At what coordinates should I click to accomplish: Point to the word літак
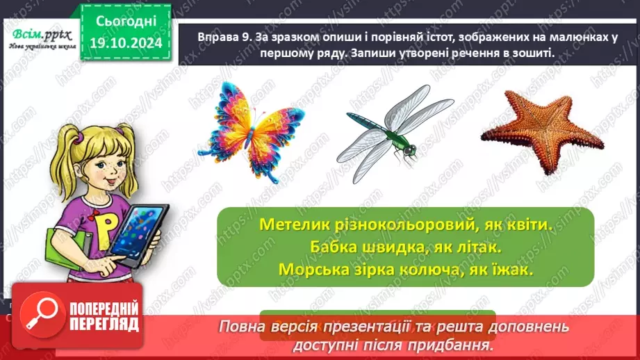479,247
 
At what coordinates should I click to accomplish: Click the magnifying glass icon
39,316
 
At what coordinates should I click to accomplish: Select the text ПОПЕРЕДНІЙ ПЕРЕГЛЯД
103,316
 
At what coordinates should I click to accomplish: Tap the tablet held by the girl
139,233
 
